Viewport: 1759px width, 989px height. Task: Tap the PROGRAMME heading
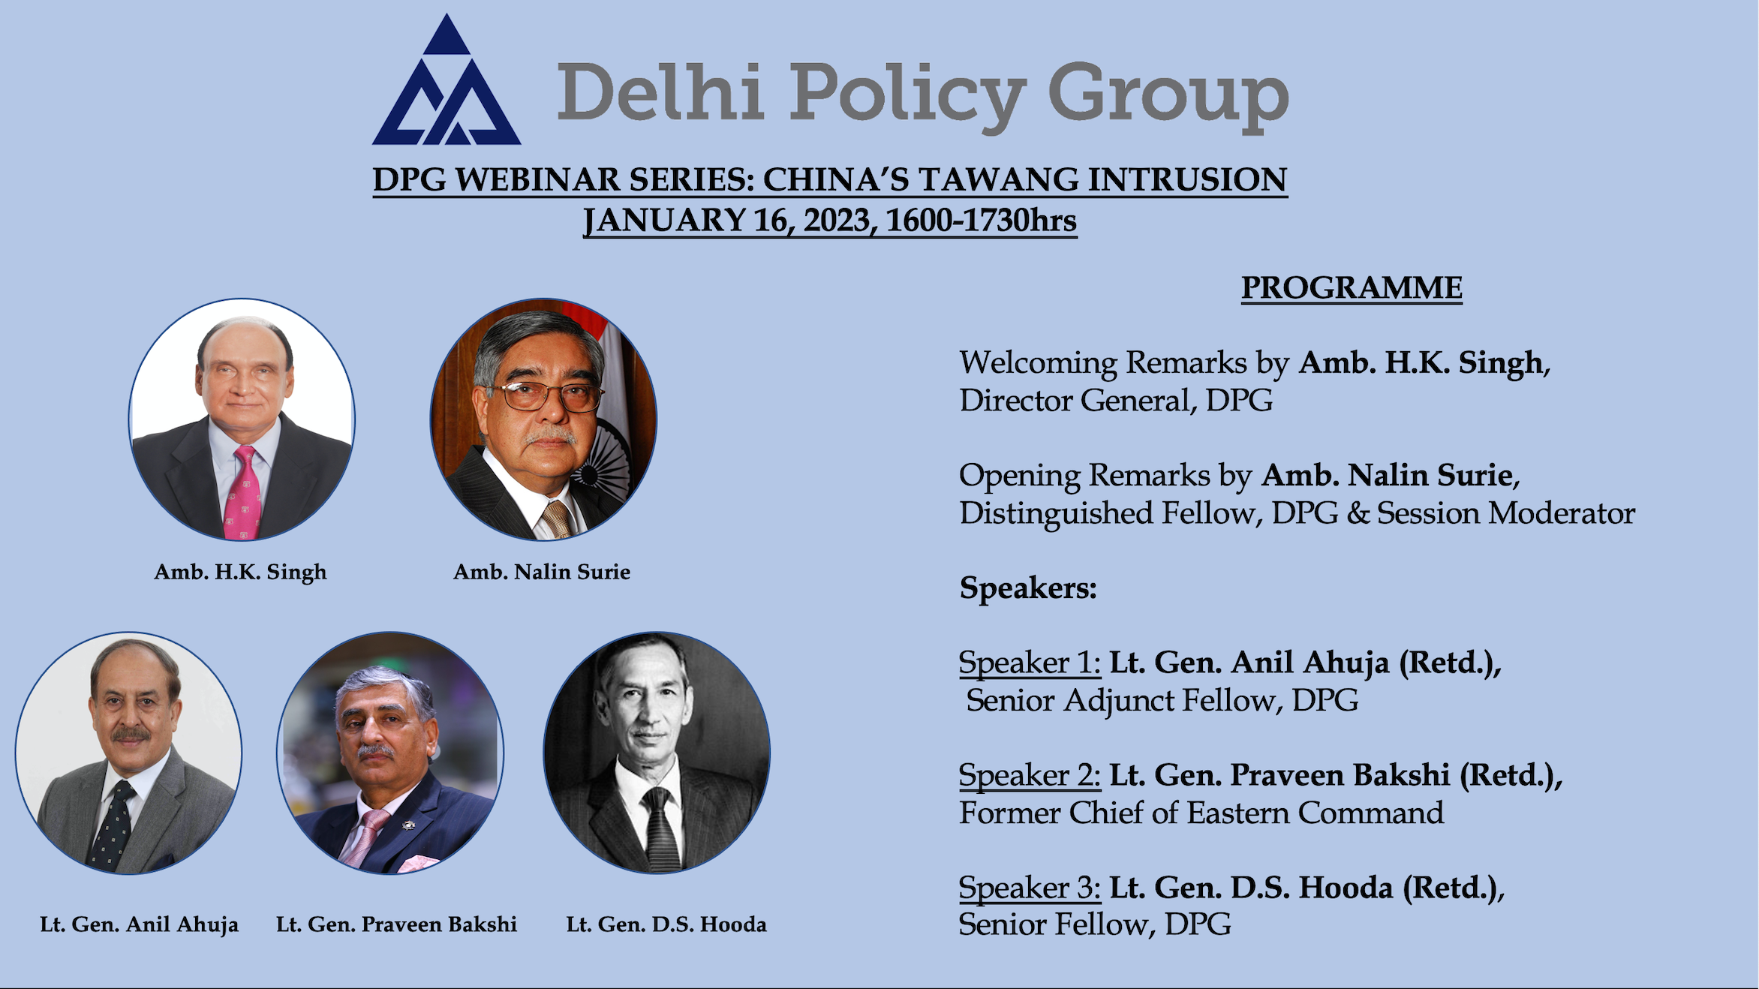point(1352,287)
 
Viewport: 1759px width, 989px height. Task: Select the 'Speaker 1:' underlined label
point(1030,663)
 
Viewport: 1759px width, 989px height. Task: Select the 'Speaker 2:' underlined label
point(1030,775)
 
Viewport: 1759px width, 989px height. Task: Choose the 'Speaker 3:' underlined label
point(1030,888)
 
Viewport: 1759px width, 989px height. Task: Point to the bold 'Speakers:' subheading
point(1028,588)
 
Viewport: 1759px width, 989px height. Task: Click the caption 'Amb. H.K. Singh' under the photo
point(240,573)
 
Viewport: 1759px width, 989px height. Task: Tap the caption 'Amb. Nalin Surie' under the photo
point(542,572)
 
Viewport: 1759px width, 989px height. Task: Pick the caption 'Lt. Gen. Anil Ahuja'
point(140,924)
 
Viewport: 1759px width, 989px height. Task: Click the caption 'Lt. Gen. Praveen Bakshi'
point(396,924)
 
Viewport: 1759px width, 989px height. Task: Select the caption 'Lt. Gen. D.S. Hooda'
point(666,924)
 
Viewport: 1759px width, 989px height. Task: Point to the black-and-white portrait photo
point(657,753)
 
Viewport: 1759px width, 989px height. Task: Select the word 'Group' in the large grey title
point(1168,98)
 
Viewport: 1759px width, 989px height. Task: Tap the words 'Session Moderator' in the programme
point(1506,513)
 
